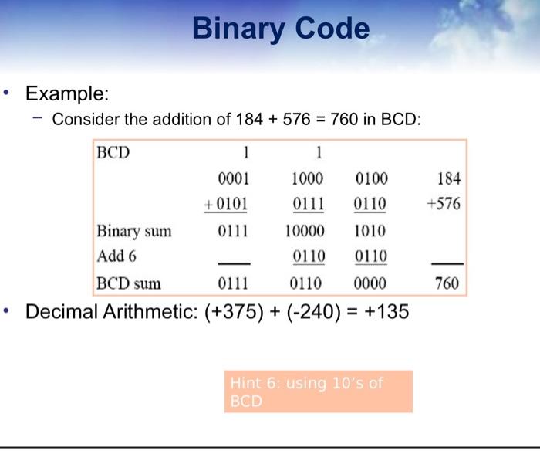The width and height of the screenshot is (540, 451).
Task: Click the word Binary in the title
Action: [238, 29]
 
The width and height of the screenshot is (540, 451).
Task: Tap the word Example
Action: [67, 93]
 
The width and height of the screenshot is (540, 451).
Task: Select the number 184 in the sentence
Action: [249, 119]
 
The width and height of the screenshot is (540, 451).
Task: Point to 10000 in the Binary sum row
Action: [305, 231]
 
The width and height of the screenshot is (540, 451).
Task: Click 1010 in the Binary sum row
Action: [370, 231]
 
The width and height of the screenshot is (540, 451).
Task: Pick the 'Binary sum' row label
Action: [134, 231]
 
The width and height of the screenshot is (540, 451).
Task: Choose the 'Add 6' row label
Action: [116, 256]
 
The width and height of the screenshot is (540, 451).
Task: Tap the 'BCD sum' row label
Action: [129, 283]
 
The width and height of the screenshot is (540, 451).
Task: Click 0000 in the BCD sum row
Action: [370, 283]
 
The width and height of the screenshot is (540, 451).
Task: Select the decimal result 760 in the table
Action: [447, 283]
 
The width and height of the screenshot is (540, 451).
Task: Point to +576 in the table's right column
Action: [444, 203]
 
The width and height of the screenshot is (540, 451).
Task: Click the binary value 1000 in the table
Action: [307, 178]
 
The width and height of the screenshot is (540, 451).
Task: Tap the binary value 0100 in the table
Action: [372, 178]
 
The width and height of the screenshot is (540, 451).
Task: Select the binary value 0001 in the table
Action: [233, 178]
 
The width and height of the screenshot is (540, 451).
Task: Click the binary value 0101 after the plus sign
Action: [231, 203]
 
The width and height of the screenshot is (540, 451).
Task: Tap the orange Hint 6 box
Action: [318, 392]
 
